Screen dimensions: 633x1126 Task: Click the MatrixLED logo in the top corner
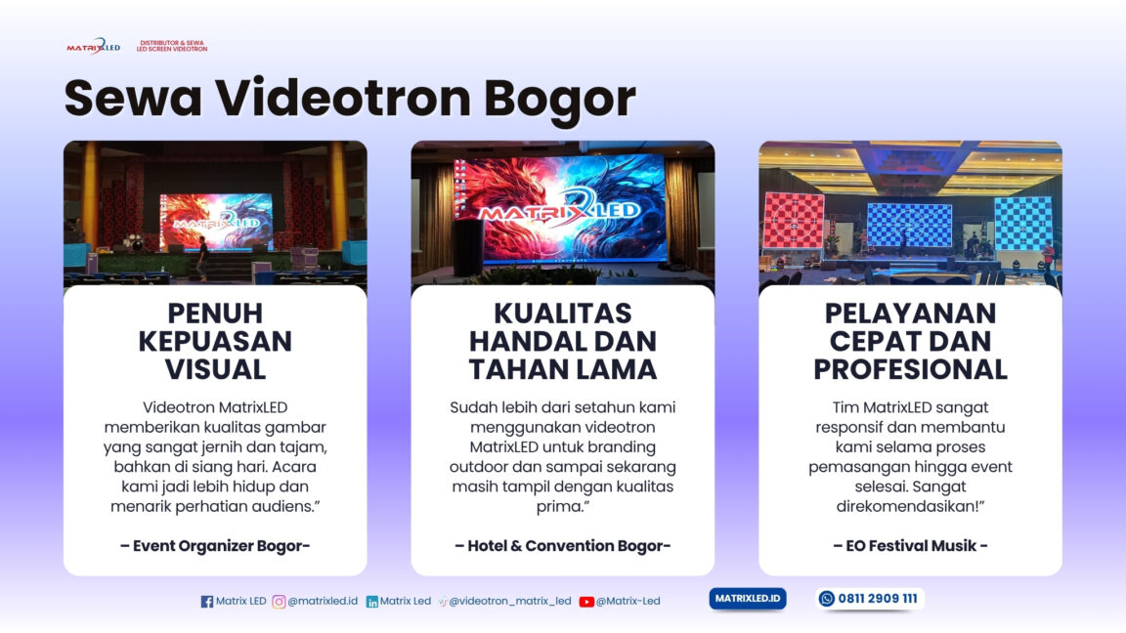pyautogui.click(x=93, y=46)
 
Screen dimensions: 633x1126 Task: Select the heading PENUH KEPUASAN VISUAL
pyautogui.click(x=215, y=341)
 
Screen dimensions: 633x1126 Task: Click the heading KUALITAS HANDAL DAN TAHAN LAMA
pyautogui.click(x=562, y=341)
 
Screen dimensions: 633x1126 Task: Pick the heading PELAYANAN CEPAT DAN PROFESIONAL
pyautogui.click(x=910, y=341)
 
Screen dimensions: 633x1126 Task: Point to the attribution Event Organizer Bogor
pyautogui.click(x=215, y=546)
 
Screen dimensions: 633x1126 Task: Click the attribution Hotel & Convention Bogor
pyautogui.click(x=562, y=546)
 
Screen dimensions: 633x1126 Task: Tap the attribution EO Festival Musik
pyautogui.click(x=910, y=546)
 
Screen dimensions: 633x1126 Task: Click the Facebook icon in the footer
pyautogui.click(x=206, y=602)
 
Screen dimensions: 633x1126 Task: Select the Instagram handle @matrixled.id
pyautogui.click(x=323, y=602)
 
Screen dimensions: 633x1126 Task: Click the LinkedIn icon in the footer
pyautogui.click(x=372, y=602)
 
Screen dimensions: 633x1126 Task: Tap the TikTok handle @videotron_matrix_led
pyautogui.click(x=509, y=602)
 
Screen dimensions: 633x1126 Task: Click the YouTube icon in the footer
pyautogui.click(x=586, y=602)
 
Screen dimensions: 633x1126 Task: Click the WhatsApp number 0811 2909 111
pyautogui.click(x=877, y=599)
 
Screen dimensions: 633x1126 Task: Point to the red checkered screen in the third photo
pyautogui.click(x=793, y=221)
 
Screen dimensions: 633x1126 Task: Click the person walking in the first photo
pyautogui.click(x=202, y=258)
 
